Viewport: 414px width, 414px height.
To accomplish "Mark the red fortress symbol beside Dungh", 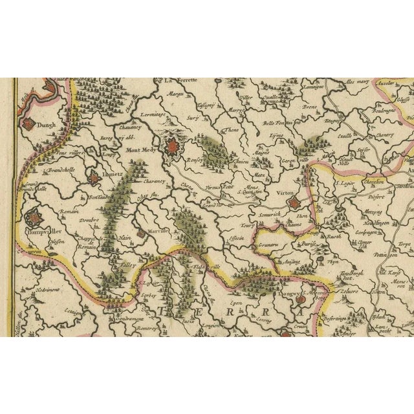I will (x=29, y=124).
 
